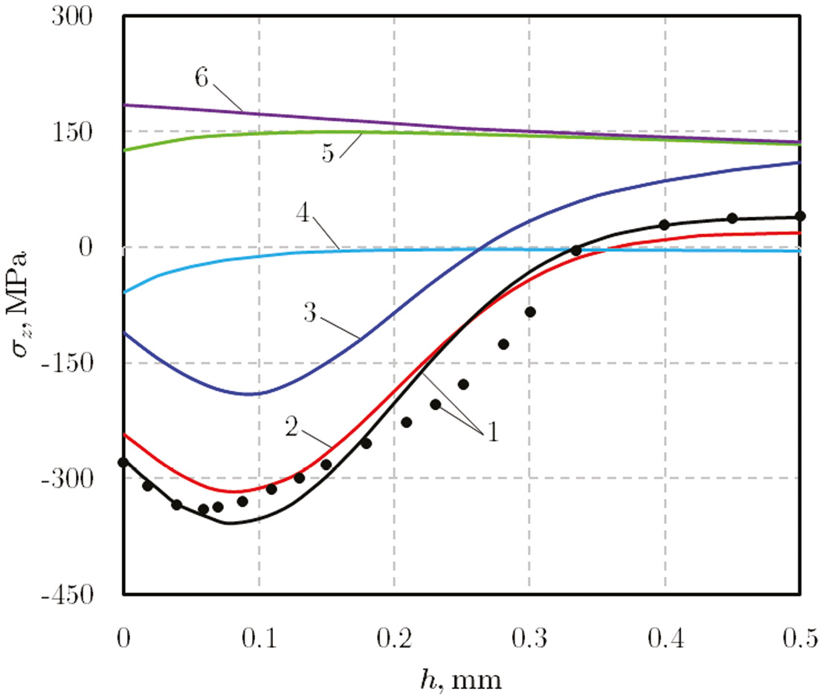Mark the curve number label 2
click(291, 427)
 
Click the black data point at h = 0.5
click(800, 216)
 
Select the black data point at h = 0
click(123, 462)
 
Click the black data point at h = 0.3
click(529, 311)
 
